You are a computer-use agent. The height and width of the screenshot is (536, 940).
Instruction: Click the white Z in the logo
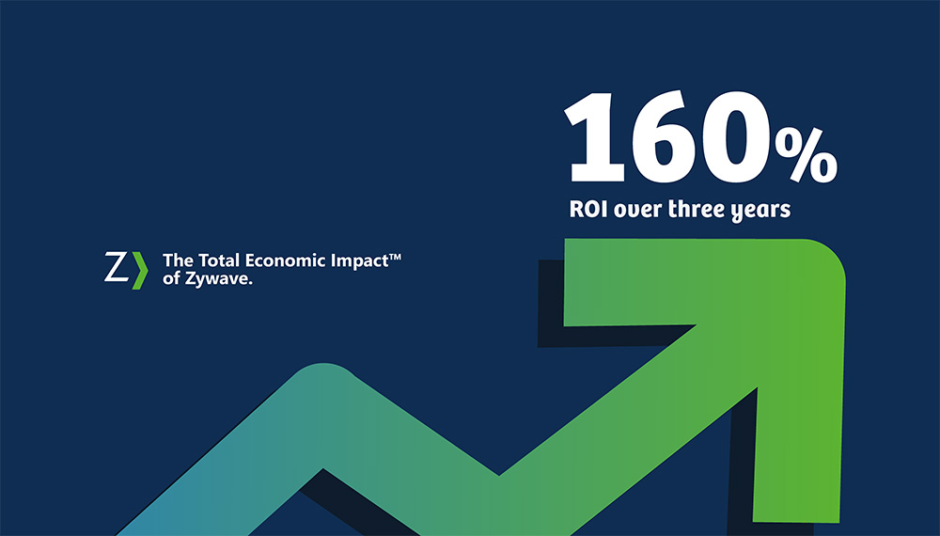point(116,268)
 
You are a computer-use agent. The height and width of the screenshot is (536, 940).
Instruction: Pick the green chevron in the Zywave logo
point(139,269)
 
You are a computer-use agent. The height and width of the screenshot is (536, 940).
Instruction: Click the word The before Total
point(177,260)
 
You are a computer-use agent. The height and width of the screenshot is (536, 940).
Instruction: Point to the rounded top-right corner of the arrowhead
point(827,259)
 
